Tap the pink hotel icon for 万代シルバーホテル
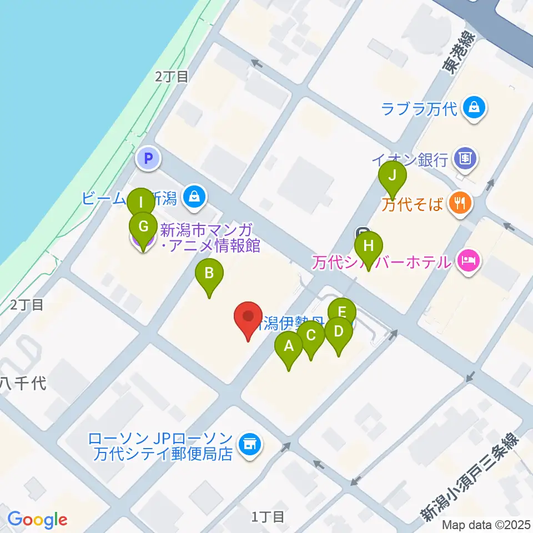click(x=468, y=259)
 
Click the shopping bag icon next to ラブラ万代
click(x=475, y=107)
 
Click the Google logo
click(x=37, y=520)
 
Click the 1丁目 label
click(x=268, y=517)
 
